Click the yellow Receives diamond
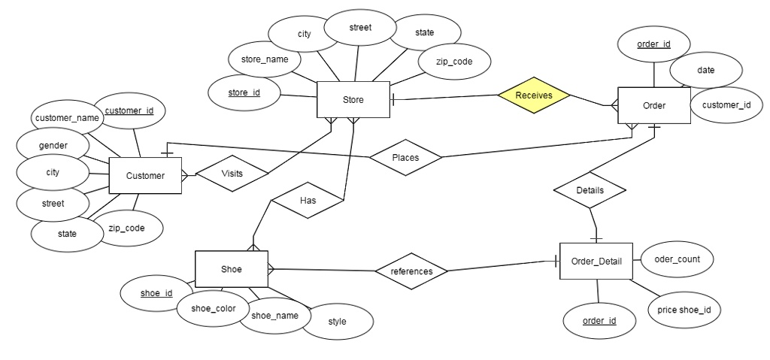pos(534,95)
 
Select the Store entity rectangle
pos(353,100)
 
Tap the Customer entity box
pos(145,176)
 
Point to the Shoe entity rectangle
pos(231,269)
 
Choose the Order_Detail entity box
pos(596,262)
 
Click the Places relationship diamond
pos(405,158)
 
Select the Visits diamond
pos(232,174)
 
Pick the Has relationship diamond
pos(308,201)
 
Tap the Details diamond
pos(590,190)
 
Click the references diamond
pos(411,271)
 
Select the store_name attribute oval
pos(265,59)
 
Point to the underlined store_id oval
pos(244,92)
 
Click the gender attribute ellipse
pos(53,145)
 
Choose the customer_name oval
pos(67,118)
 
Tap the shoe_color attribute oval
pos(214,308)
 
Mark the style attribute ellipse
pos(337,322)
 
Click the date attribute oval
pos(705,70)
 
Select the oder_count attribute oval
pos(677,259)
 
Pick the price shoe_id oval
pos(684,310)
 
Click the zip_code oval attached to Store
pos(454,62)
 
